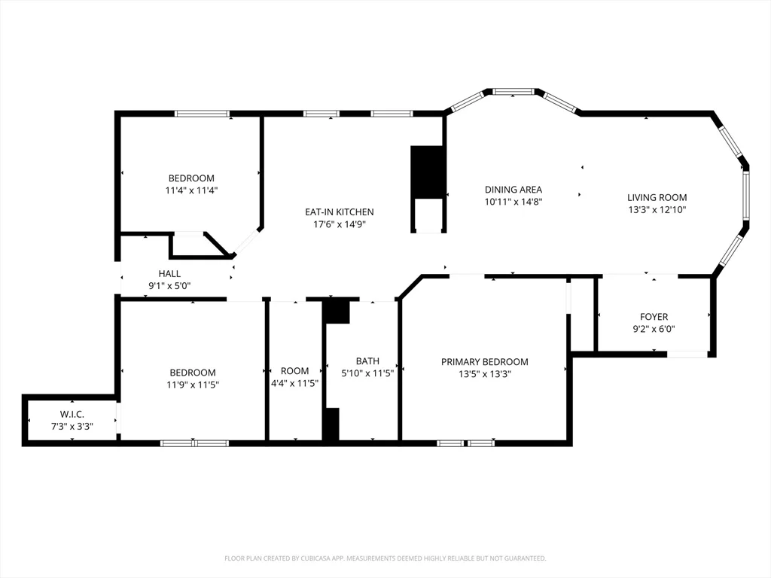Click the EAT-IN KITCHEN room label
pos(340,211)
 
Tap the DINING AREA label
pos(513,189)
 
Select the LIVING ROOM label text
pos(657,198)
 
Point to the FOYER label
pos(654,317)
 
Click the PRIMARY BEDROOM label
pos(485,362)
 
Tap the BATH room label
pos(367,361)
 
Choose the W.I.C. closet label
pos(72,415)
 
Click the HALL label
pos(169,274)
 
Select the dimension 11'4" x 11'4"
pos(192,190)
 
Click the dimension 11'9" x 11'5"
pos(193,385)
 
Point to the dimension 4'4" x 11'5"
pos(295,383)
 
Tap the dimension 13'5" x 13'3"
pos(485,374)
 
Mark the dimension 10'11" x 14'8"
pos(513,202)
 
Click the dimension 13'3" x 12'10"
pos(657,210)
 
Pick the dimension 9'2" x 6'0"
pos(654,330)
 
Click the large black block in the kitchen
pos(427,172)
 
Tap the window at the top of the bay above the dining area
pos(513,91)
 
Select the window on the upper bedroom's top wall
pos(202,114)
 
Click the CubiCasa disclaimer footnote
pos(385,558)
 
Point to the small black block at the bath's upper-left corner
pos(338,312)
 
